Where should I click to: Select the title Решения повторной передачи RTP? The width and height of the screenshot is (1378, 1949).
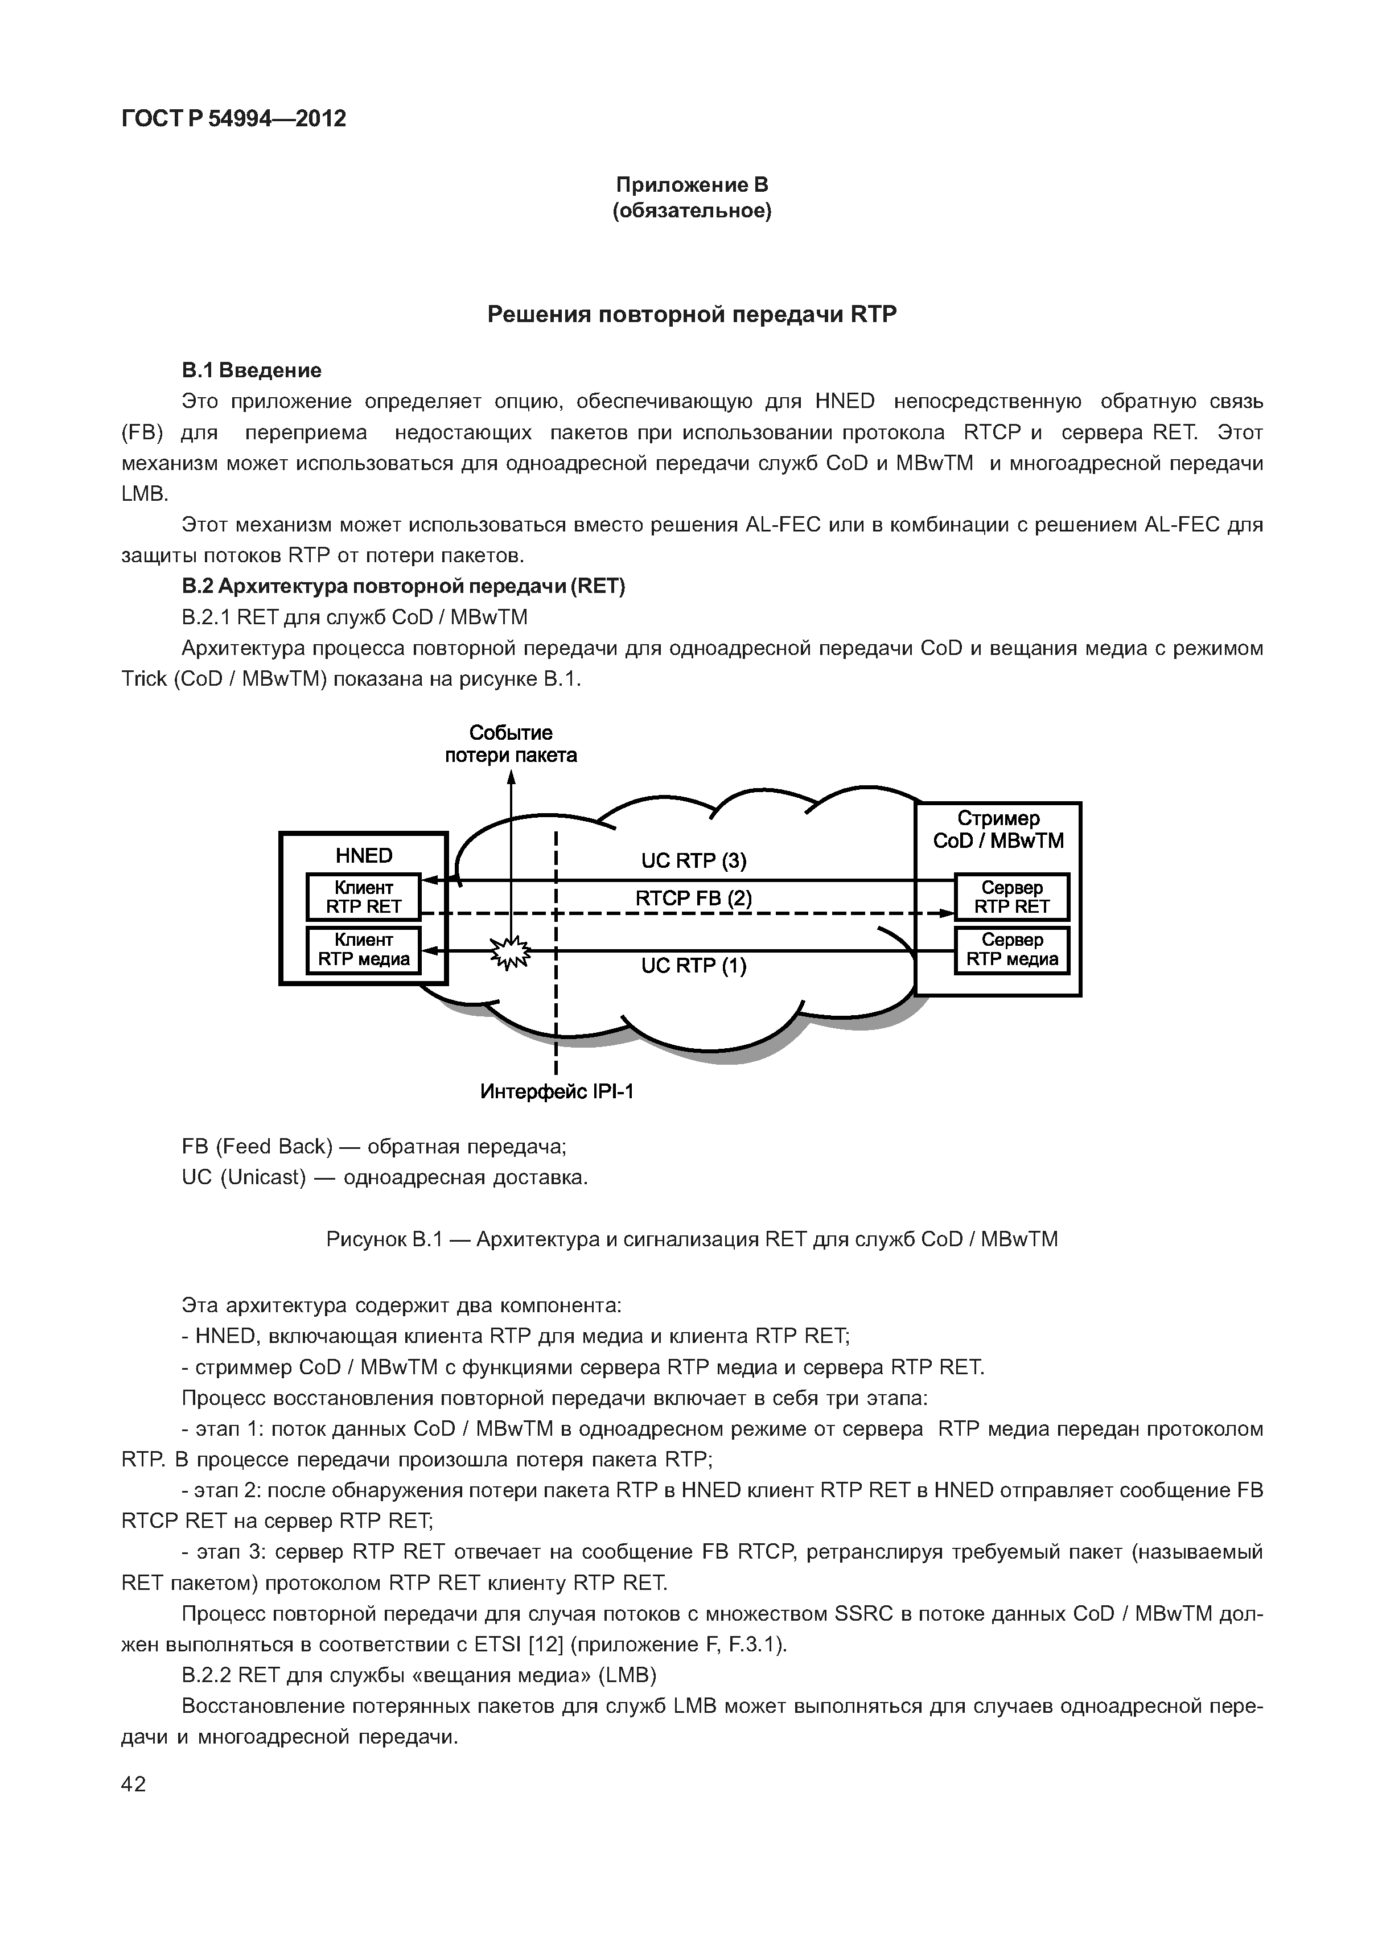(691, 315)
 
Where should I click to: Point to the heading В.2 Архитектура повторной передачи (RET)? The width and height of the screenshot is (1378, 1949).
(404, 587)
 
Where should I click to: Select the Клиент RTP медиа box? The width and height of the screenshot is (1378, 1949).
(363, 950)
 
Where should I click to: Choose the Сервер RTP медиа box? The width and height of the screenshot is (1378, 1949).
(1011, 950)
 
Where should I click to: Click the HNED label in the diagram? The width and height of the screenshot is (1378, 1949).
(363, 855)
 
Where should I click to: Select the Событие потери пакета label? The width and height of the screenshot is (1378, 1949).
(511, 744)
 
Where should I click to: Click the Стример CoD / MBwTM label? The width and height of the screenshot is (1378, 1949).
(998, 829)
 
